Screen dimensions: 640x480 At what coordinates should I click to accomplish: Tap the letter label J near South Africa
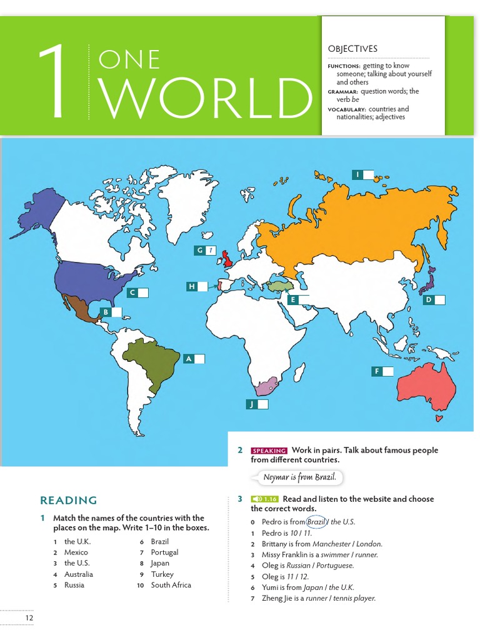pyautogui.click(x=252, y=404)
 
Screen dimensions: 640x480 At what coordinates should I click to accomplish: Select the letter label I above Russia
pyautogui.click(x=357, y=175)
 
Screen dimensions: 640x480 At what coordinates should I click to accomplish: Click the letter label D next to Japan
pyautogui.click(x=429, y=300)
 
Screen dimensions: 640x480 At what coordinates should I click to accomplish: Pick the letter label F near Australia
pyautogui.click(x=377, y=371)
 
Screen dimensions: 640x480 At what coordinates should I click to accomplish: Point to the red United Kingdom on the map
pyautogui.click(x=229, y=257)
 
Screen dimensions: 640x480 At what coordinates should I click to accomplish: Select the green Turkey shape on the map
pyautogui.click(x=279, y=285)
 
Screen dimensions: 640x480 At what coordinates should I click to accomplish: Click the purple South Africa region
pyautogui.click(x=265, y=386)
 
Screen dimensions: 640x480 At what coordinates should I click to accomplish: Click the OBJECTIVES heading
pyautogui.click(x=352, y=49)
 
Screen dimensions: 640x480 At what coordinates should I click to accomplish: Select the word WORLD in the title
pyautogui.click(x=205, y=97)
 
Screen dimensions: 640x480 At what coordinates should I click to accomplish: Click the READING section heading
pyautogui.click(x=68, y=500)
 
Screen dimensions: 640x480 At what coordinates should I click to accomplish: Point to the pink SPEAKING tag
pyautogui.click(x=269, y=451)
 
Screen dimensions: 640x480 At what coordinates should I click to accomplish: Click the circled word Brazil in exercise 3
pyautogui.click(x=317, y=522)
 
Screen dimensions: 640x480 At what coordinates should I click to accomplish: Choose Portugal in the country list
pyautogui.click(x=164, y=552)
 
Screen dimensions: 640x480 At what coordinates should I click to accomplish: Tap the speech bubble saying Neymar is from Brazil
pyautogui.click(x=299, y=477)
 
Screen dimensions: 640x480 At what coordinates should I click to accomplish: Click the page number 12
pyautogui.click(x=29, y=618)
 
